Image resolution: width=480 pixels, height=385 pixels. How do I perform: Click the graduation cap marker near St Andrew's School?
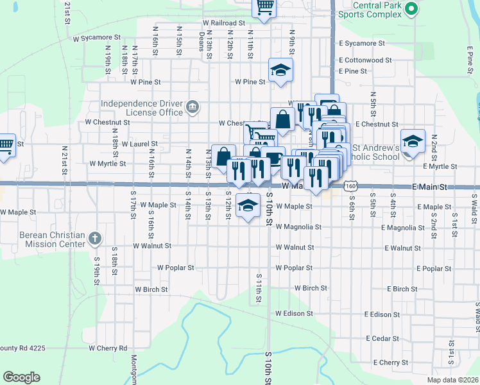(413, 141)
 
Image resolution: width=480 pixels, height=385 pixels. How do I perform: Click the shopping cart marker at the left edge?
(5, 144)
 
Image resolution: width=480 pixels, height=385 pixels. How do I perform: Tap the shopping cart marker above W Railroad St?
(265, 7)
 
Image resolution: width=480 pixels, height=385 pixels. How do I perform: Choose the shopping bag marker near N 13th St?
(223, 157)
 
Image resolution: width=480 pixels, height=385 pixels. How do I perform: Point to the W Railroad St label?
(223, 22)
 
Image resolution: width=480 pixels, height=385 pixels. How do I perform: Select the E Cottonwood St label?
(366, 60)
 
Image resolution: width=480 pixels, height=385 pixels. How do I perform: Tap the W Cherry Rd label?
(108, 348)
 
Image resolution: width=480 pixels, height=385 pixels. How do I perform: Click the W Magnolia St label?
(298, 227)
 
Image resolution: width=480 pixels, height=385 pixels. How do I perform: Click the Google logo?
(21, 377)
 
